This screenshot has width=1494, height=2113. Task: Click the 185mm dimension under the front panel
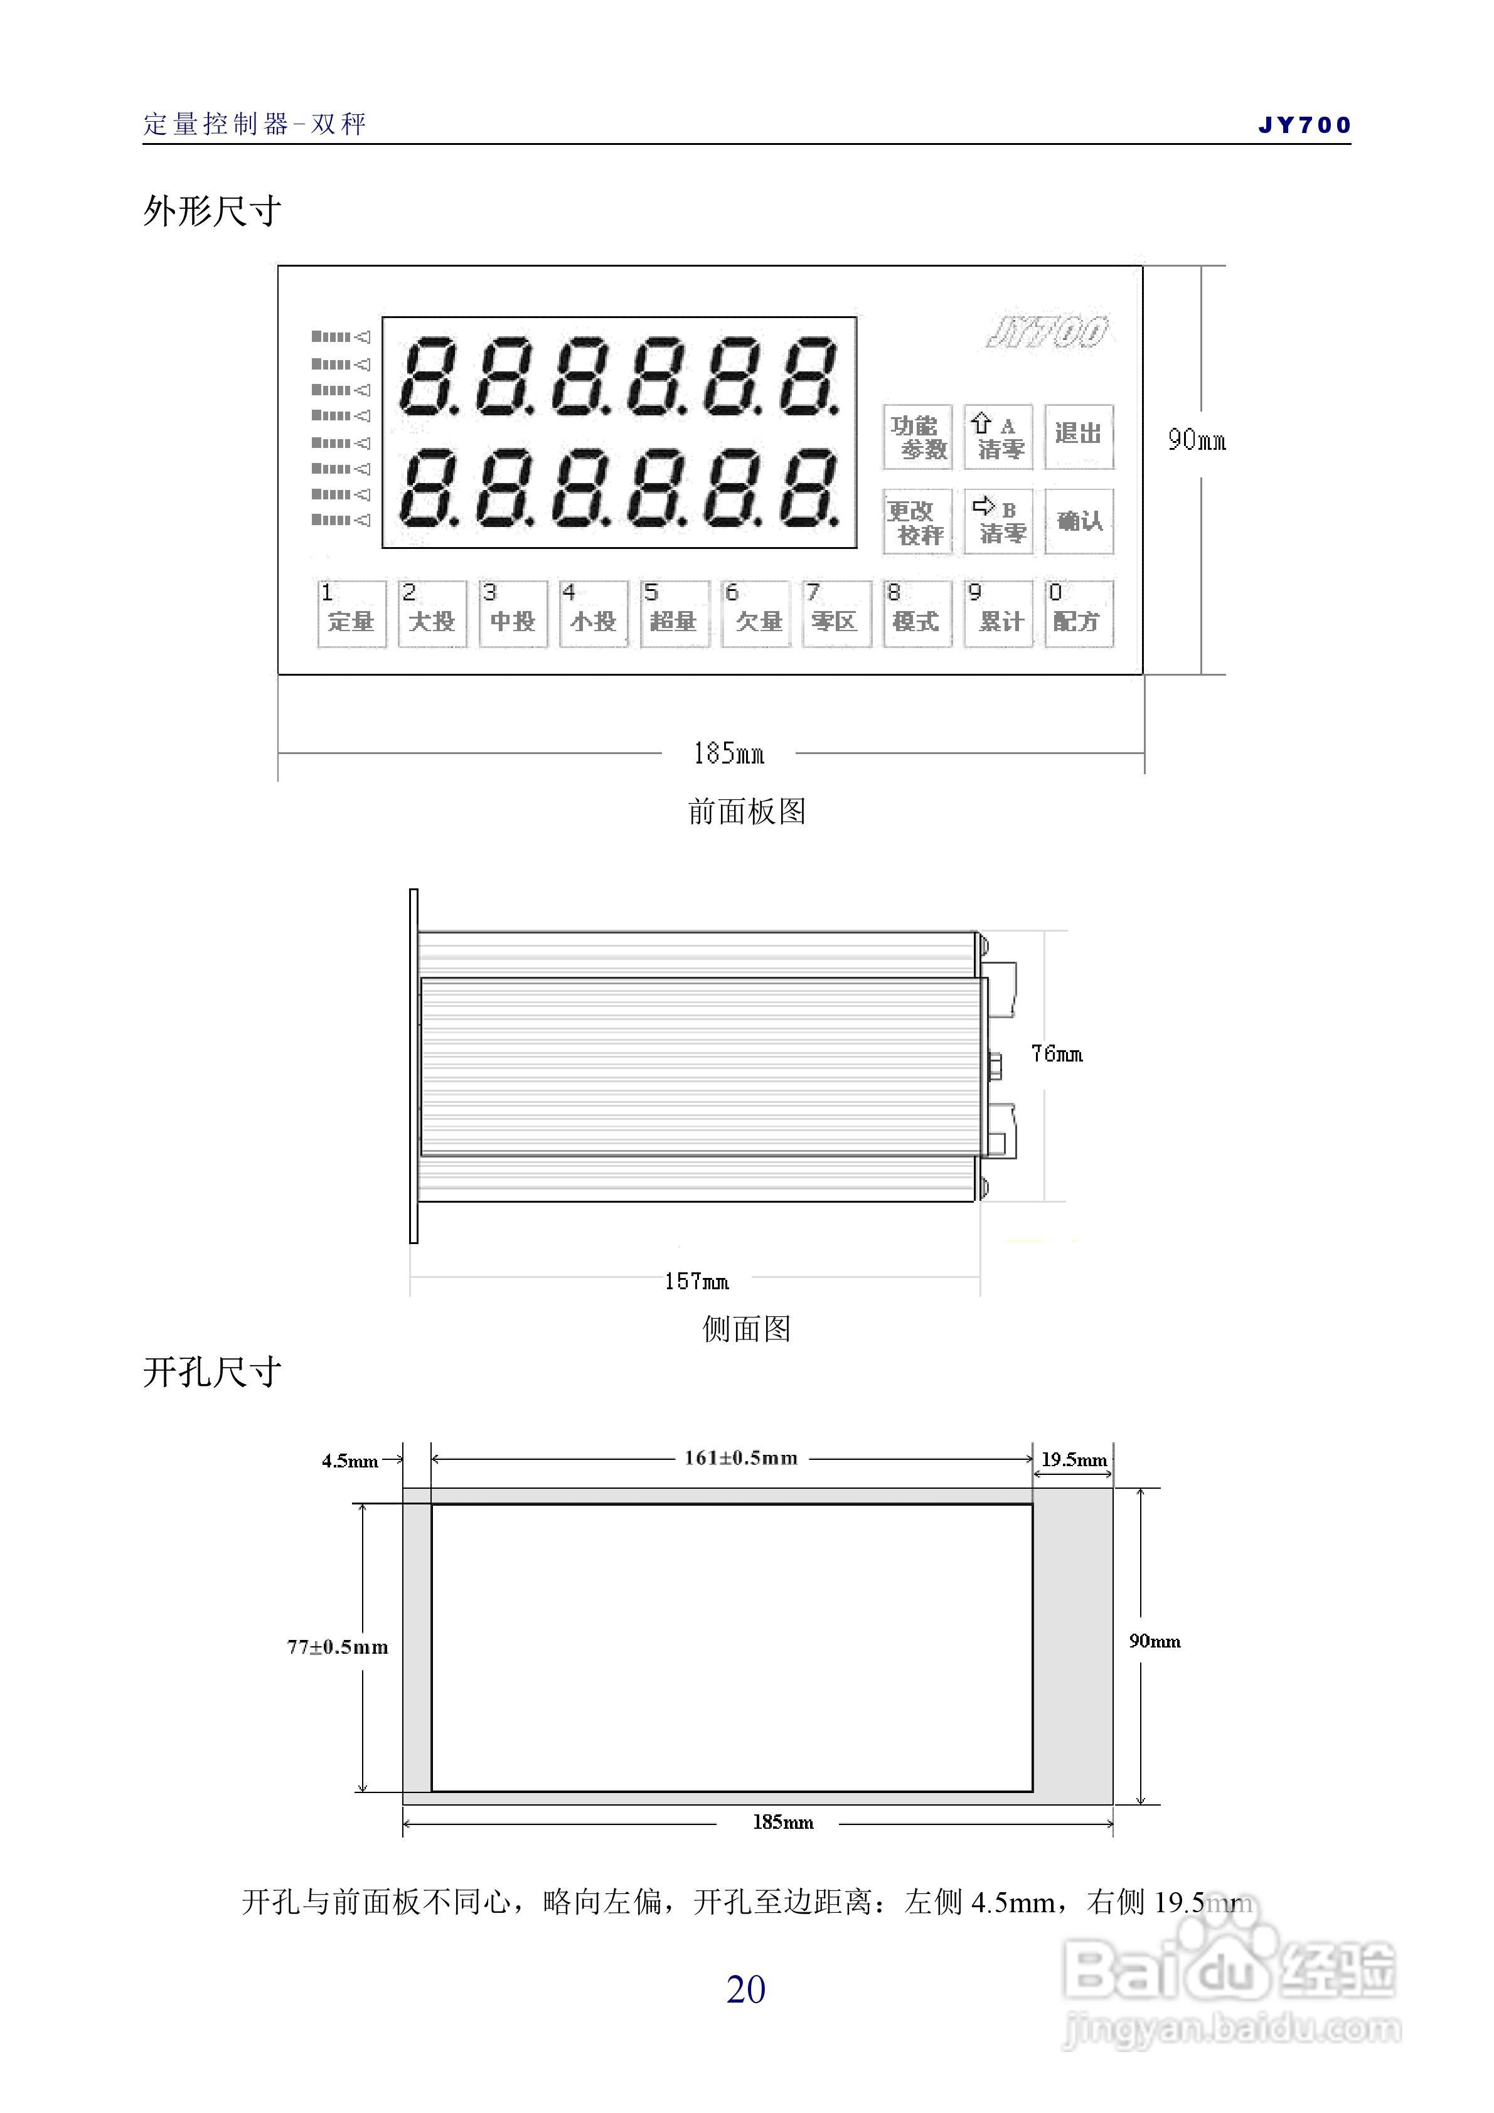point(728,753)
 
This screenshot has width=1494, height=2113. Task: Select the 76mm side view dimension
point(1056,1054)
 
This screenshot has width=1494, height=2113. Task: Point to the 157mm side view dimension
point(696,1281)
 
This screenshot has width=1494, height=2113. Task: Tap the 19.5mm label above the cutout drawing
point(1074,1460)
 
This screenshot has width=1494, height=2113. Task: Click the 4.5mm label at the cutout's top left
point(349,1461)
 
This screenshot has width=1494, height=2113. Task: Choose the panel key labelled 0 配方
point(1078,613)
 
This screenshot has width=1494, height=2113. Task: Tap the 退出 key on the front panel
point(1078,436)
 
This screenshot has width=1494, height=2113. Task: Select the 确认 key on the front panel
point(1079,521)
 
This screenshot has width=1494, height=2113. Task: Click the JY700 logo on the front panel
point(1047,333)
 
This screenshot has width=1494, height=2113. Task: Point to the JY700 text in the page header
point(1303,125)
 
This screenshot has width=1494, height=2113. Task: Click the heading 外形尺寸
point(211,211)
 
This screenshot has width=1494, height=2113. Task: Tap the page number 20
point(745,1989)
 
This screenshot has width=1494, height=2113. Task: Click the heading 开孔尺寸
point(211,1372)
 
